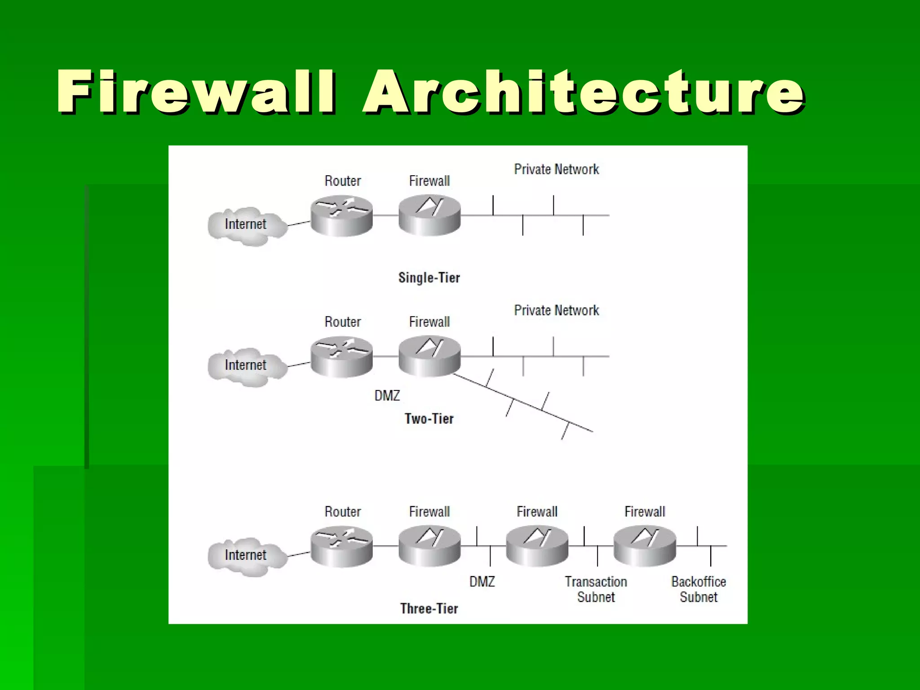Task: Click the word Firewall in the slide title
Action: [196, 92]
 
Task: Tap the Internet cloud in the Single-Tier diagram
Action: [247, 225]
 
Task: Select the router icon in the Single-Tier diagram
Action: [341, 216]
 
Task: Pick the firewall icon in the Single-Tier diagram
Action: [429, 216]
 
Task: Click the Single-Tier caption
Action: [429, 278]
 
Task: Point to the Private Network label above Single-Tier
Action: [556, 169]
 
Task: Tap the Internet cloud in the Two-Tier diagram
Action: [247, 366]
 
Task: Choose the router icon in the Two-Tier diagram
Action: [341, 357]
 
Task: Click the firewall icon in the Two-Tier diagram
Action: [429, 357]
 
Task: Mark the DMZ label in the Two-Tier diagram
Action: [387, 396]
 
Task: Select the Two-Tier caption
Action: [429, 419]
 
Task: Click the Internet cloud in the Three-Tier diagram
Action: [247, 556]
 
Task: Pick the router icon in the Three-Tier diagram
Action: [341, 546]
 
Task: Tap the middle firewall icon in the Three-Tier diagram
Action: [537, 546]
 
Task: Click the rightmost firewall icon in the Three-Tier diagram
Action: [645, 546]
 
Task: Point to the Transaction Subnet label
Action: [596, 589]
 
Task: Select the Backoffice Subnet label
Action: [699, 589]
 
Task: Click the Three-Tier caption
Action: [429, 609]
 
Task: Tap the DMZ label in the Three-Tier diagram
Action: [482, 582]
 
